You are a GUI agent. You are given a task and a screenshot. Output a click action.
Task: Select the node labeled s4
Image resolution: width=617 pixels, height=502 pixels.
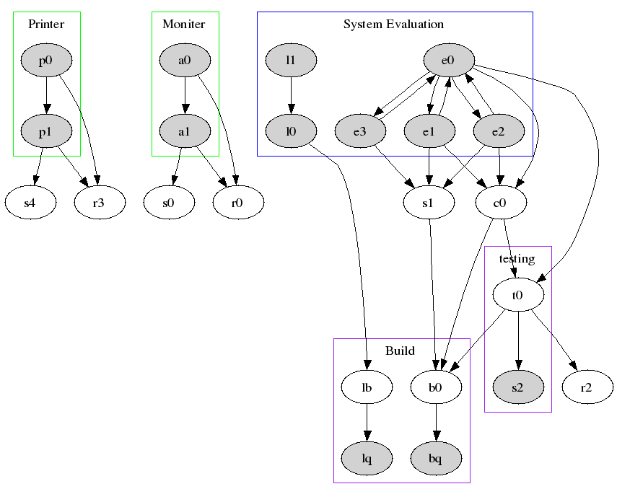30,203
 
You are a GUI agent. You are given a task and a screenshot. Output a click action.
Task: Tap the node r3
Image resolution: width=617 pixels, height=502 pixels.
100,203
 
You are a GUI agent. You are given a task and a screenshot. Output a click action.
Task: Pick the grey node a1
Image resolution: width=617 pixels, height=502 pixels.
185,131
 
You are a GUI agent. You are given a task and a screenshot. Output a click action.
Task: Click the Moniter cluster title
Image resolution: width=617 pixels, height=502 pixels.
184,25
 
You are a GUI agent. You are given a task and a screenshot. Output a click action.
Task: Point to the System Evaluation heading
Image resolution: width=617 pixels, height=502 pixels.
393,25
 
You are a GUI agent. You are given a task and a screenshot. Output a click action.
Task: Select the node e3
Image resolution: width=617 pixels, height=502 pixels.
359,131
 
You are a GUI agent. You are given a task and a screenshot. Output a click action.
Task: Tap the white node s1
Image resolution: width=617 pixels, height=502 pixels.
429,203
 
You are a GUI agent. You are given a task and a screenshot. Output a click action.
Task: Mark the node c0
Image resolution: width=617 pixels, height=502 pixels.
499,203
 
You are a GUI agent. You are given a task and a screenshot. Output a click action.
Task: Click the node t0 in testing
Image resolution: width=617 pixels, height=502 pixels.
517,294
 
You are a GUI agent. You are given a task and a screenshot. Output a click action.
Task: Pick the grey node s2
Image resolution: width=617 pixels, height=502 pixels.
517,387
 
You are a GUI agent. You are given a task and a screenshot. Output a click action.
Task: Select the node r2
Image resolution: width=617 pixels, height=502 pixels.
586,387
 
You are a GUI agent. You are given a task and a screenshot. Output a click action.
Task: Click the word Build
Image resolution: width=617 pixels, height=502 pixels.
400,351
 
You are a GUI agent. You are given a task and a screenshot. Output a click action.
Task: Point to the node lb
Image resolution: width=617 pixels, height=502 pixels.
367,387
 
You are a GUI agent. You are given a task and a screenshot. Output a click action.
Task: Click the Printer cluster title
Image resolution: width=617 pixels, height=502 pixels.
46,25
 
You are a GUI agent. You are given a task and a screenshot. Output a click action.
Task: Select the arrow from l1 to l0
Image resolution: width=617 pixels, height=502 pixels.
291,96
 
